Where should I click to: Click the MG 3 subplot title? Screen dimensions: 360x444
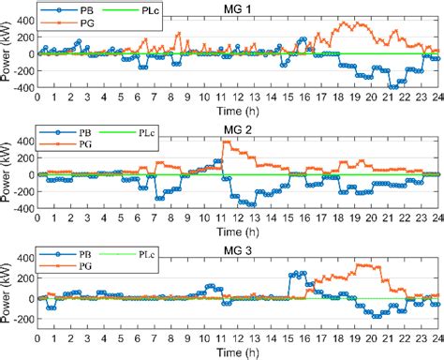pyautogui.click(x=238, y=245)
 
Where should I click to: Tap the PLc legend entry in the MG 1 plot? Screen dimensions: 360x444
pyautogui.click(x=151, y=9)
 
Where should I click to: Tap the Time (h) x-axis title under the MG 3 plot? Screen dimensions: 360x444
pyautogui.click(x=238, y=352)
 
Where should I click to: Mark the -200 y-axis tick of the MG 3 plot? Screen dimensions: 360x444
pyautogui.click(x=22, y=319)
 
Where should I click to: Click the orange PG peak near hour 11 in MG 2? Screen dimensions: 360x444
pyautogui.click(x=226, y=142)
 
